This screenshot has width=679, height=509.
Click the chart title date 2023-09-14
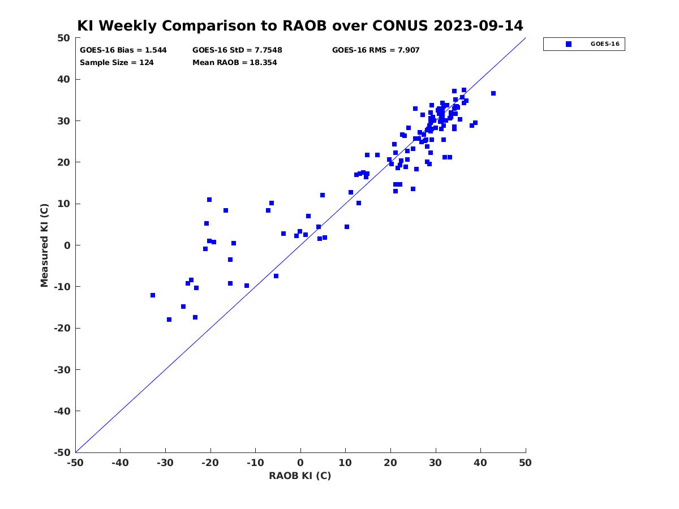478,25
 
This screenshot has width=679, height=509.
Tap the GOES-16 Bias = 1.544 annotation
123,50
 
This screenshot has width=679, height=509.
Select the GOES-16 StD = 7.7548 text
237,50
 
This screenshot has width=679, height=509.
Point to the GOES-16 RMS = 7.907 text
376,50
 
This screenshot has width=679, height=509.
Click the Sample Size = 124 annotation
117,63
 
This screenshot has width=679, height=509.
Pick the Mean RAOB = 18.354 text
234,63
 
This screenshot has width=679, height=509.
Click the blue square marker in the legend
569,44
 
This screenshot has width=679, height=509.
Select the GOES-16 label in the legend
605,44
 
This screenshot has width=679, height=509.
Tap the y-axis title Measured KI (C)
44,245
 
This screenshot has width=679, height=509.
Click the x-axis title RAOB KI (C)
300,476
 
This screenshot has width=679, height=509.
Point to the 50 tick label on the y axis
64,38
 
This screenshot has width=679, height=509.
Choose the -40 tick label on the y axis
62,411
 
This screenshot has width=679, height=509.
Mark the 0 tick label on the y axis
67,245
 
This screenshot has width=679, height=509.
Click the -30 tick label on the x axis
165,463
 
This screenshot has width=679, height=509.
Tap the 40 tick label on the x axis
480,463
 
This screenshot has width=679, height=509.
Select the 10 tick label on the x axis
345,463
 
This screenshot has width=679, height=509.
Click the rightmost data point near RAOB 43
493,93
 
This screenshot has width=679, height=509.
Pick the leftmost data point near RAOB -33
153,295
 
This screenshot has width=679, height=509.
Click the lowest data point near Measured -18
169,320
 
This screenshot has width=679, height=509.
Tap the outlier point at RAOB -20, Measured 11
209,200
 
